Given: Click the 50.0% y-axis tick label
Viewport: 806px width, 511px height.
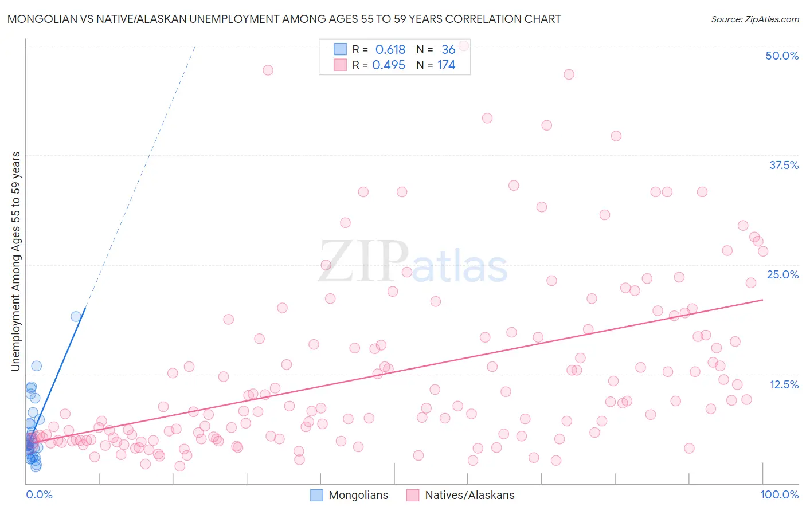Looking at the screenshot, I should pos(781,56).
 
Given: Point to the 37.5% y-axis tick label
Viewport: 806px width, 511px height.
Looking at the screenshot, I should pos(784,165).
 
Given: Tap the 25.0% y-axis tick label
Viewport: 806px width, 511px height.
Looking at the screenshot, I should pos(782,274).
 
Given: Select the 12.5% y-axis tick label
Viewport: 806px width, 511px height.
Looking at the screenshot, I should pos(784,384).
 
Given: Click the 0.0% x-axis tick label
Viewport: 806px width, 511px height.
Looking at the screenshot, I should pos(39,494).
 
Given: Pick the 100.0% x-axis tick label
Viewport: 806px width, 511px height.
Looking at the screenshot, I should pos(779,494).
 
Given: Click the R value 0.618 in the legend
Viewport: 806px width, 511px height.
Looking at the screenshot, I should pos(390,50).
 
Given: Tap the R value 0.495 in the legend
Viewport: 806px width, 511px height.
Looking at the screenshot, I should pos(389,65).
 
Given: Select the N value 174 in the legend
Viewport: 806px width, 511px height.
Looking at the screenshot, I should pos(446,65).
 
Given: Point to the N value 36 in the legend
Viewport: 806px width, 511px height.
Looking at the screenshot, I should pos(448,50).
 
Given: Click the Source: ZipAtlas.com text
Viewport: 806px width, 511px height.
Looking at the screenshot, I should pos(754,19).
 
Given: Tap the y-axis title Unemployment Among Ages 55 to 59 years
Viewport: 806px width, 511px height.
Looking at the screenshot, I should pos(16,261).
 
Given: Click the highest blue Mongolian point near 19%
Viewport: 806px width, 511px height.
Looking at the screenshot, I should pos(76,316).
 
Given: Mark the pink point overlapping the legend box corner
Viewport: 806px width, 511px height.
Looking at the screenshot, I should pos(464,45).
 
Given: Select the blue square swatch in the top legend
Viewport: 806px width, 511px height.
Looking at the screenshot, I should pos(340,50).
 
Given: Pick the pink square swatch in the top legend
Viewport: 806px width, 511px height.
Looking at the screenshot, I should pos(340,65).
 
